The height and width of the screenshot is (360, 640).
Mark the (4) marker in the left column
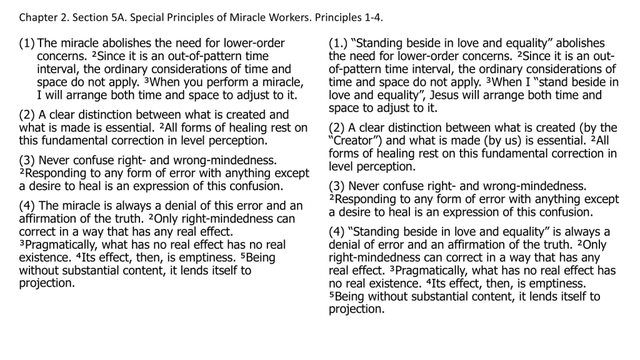pyautogui.click(x=27, y=206)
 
